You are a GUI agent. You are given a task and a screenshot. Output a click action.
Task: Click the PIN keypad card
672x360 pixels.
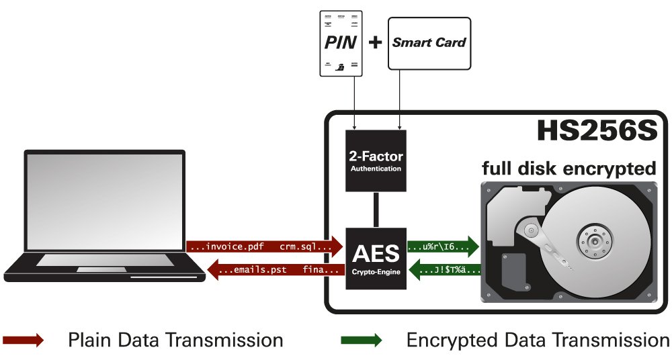pyautogui.click(x=341, y=44)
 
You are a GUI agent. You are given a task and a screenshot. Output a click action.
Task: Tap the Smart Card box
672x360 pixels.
pyautogui.click(x=429, y=43)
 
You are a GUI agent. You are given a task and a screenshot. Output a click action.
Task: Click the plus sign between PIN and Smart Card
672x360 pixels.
pyautogui.click(x=375, y=42)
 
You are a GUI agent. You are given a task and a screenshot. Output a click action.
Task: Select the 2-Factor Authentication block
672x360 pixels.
pyautogui.click(x=376, y=161)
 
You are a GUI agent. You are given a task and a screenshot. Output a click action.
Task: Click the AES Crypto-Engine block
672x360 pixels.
pyautogui.click(x=376, y=259)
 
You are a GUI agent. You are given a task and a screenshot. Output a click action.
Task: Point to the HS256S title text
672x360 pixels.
pyautogui.click(x=597, y=130)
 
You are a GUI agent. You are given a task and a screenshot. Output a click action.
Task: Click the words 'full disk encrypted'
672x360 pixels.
pyautogui.click(x=569, y=168)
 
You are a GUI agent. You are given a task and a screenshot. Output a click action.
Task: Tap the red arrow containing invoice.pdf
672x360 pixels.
pyautogui.click(x=264, y=246)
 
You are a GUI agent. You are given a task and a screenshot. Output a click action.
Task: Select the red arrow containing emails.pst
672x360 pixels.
pyautogui.click(x=276, y=270)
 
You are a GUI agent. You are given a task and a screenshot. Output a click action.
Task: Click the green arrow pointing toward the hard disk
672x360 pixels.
pyautogui.click(x=443, y=246)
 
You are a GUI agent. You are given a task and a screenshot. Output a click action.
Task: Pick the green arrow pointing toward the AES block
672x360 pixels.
pyautogui.click(x=445, y=270)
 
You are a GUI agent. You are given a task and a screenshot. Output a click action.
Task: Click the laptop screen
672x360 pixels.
pyautogui.click(x=105, y=201)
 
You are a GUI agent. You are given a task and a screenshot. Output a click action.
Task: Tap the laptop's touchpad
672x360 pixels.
pyautogui.click(x=101, y=269)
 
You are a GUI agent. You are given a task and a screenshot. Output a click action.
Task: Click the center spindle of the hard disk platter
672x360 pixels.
pyautogui.click(x=595, y=242)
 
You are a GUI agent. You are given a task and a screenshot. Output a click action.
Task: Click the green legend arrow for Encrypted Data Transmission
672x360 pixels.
pyautogui.click(x=362, y=341)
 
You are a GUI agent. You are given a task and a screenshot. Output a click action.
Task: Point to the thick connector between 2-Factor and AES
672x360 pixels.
pyautogui.click(x=376, y=210)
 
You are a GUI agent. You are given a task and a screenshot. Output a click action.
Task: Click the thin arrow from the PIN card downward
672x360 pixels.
pyautogui.click(x=354, y=103)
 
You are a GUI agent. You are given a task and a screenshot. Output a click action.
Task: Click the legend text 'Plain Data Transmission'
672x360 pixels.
pyautogui.click(x=175, y=341)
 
